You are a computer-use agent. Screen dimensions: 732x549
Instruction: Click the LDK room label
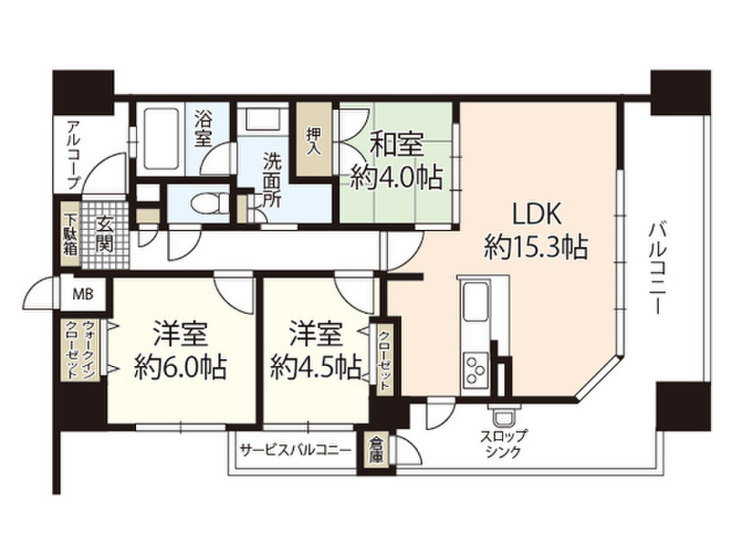pyautogui.click(x=536, y=214)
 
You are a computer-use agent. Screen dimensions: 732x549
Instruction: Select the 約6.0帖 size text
pyautogui.click(x=180, y=367)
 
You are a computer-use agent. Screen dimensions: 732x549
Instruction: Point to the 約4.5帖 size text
pyautogui.click(x=317, y=367)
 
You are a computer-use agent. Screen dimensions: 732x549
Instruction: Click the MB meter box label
pyautogui.click(x=83, y=295)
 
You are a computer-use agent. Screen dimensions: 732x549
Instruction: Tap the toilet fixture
pyautogui.click(x=209, y=203)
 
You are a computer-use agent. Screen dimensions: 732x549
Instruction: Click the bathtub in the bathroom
pyautogui.click(x=161, y=139)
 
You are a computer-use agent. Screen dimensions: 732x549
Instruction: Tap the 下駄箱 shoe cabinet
pyautogui.click(x=71, y=234)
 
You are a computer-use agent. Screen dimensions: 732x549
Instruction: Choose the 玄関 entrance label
pyautogui.click(x=104, y=234)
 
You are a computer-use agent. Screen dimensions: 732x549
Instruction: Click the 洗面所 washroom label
pyautogui.click(x=272, y=180)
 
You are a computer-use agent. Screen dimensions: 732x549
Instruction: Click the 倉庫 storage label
pyautogui.click(x=375, y=450)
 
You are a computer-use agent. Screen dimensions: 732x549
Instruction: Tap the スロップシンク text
pyautogui.click(x=503, y=444)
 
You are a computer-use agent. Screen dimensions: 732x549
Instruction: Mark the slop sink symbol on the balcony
pyautogui.click(x=503, y=415)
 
